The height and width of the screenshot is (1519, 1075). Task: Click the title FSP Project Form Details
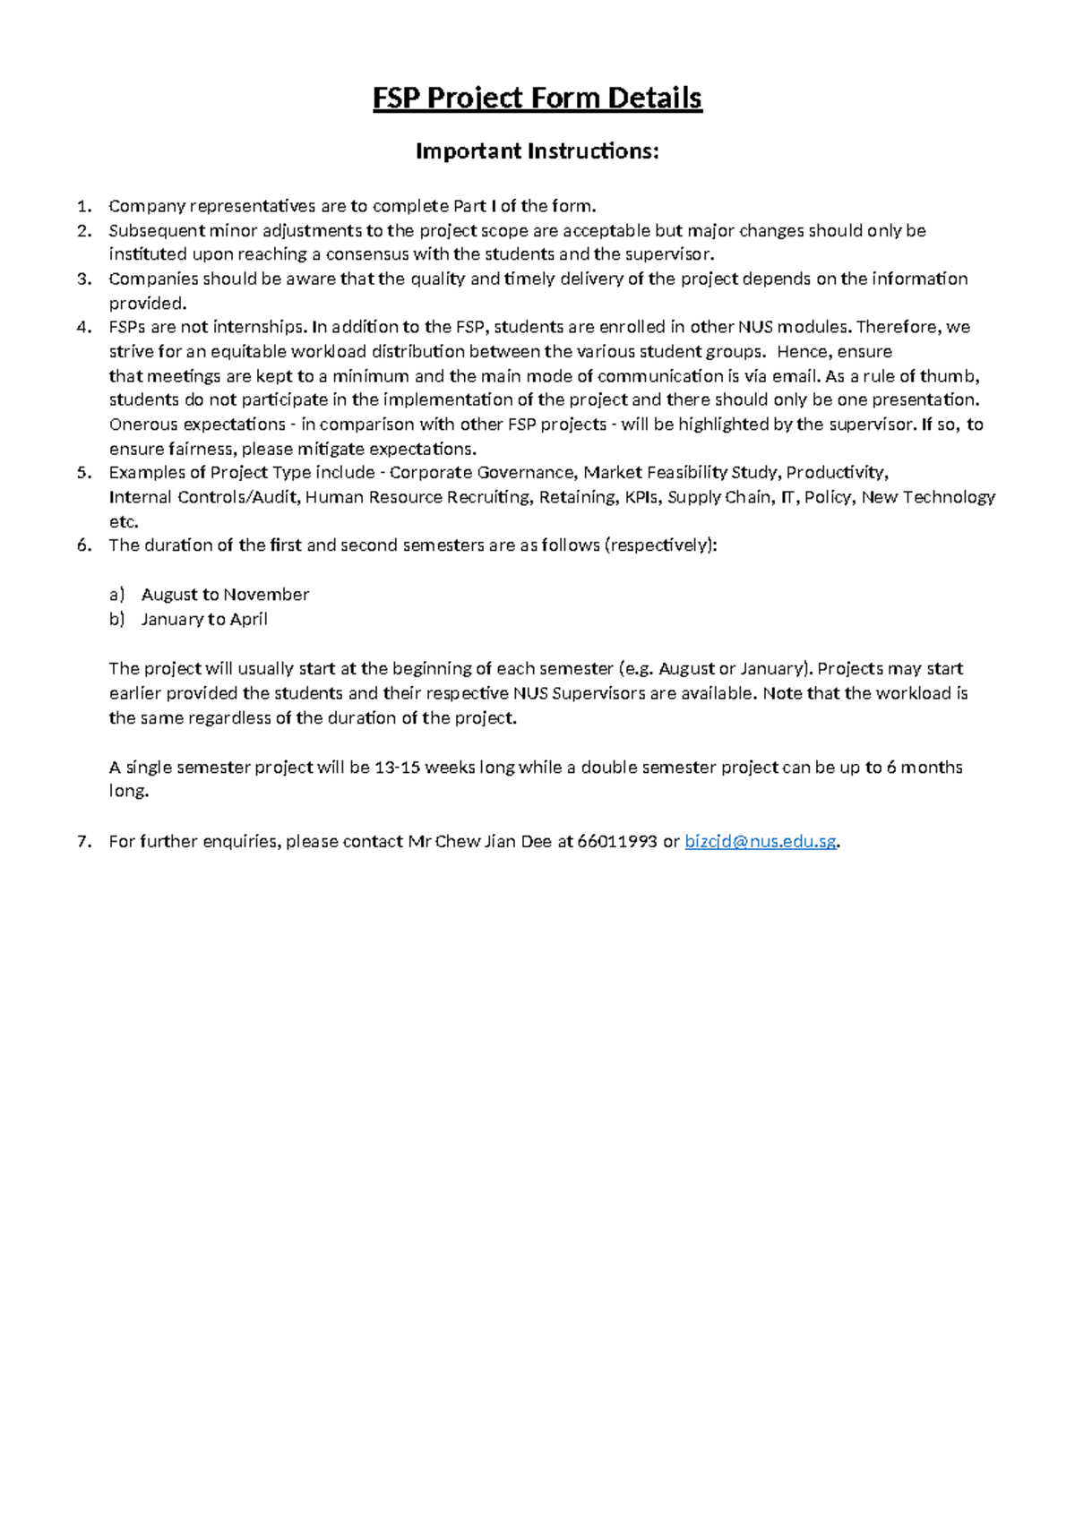[x=537, y=98]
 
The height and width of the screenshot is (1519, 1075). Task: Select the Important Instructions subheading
[x=537, y=151]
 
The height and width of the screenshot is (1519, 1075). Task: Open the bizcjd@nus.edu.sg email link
[x=761, y=841]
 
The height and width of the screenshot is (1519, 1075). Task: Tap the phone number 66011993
[x=617, y=841]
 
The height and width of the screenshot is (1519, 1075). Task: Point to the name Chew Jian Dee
[x=493, y=841]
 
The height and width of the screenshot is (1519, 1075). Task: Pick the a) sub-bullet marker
[x=116, y=595]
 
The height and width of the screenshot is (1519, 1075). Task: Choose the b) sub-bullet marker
[x=116, y=619]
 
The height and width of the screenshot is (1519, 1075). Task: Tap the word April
[x=248, y=619]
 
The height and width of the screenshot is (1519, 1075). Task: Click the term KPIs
[x=635, y=497]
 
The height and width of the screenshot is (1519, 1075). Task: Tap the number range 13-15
[x=397, y=768]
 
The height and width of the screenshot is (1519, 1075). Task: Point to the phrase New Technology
[x=928, y=497]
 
